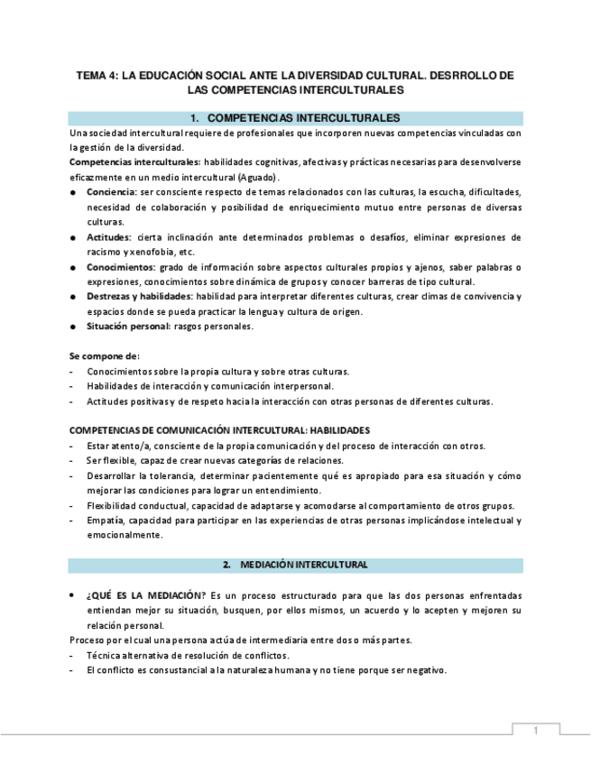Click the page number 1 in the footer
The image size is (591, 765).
tap(535, 732)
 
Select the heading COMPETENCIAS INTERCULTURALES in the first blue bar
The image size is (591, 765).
tap(304, 118)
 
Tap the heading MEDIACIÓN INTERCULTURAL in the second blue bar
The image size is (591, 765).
tap(304, 565)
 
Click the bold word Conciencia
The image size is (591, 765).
tap(111, 191)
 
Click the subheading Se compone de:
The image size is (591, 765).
tap(105, 355)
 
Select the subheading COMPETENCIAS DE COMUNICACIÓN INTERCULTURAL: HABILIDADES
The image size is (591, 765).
tap(219, 430)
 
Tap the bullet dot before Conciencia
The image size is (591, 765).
tap(73, 192)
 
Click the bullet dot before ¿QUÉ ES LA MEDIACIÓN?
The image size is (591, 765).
tap(73, 595)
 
